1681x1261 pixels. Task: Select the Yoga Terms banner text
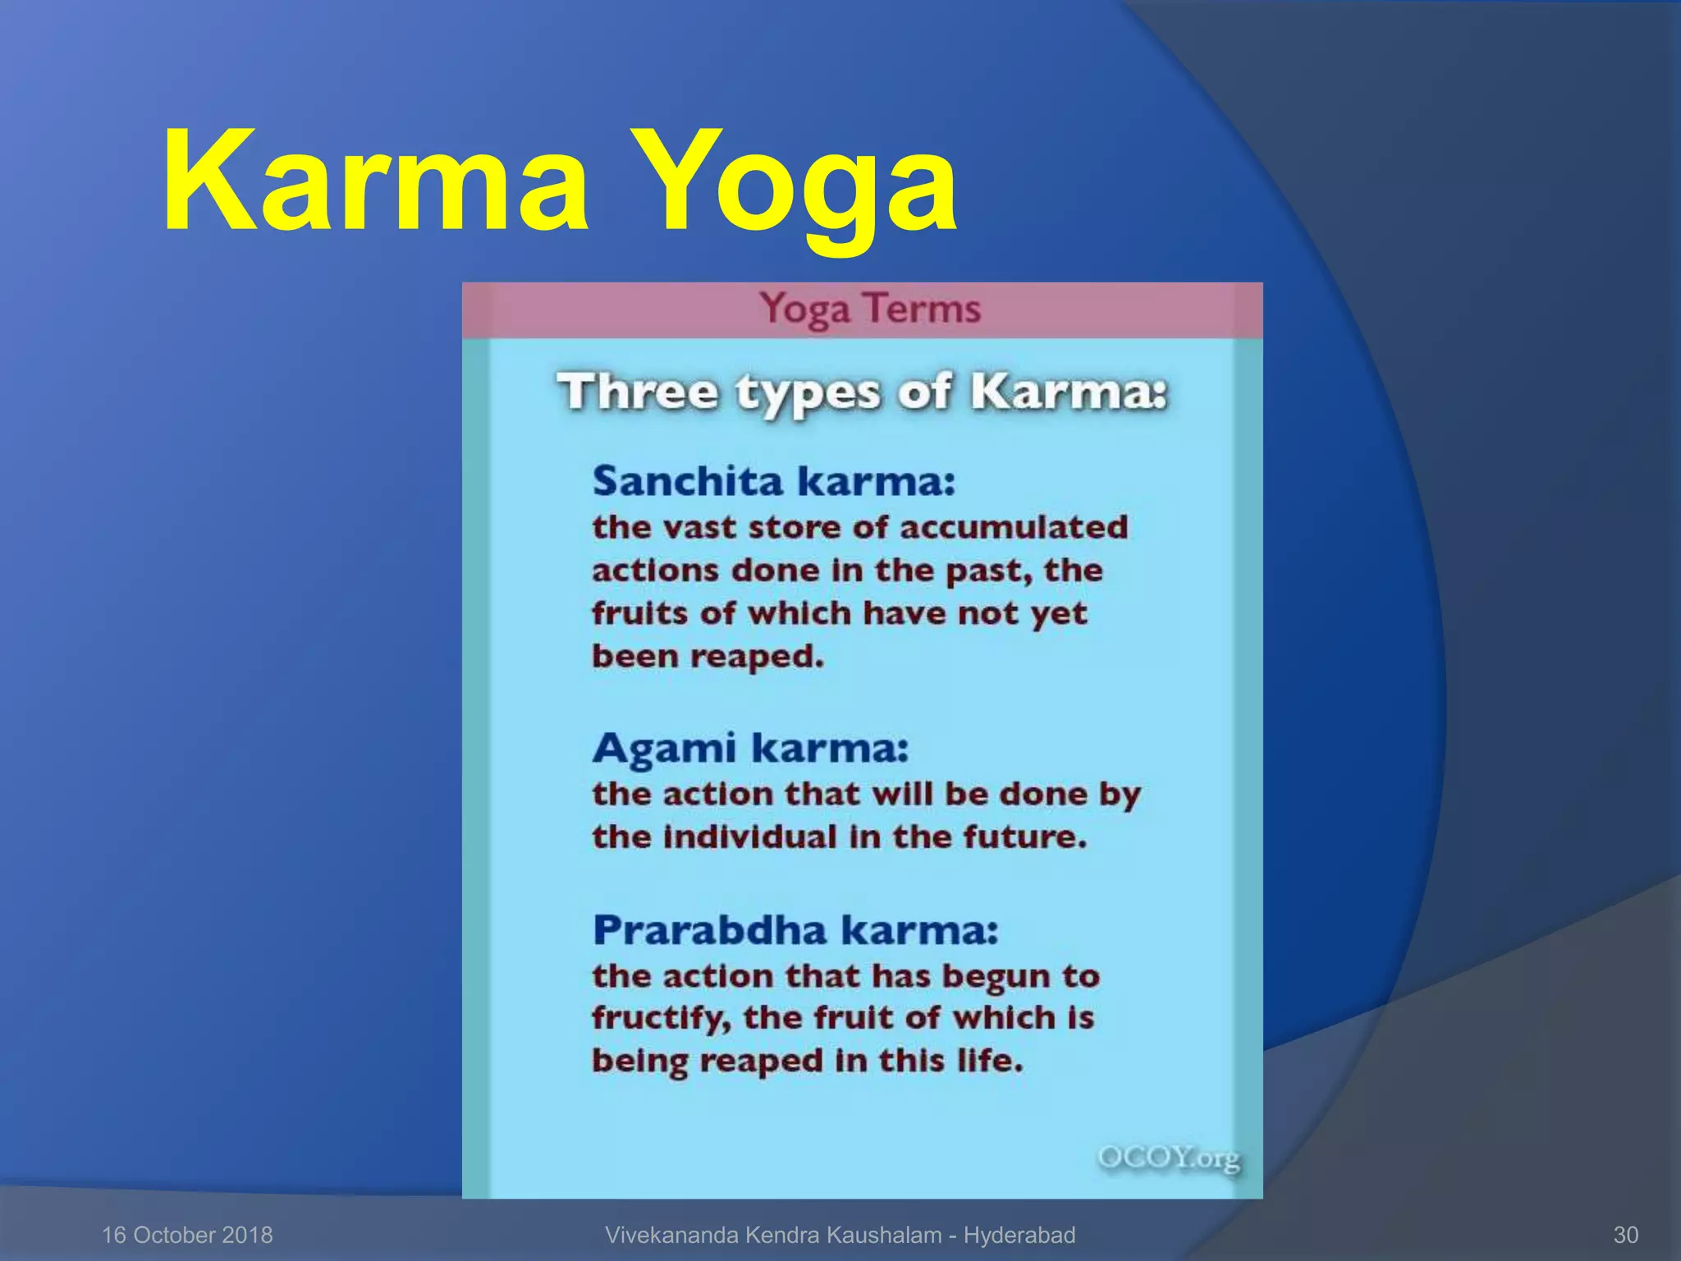coord(869,309)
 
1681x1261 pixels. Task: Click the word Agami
coord(664,749)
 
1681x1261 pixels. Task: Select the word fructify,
coord(661,1018)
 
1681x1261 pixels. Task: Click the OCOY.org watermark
coord(1169,1158)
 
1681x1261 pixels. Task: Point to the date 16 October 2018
coord(187,1235)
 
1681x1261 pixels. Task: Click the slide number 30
coord(1625,1235)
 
